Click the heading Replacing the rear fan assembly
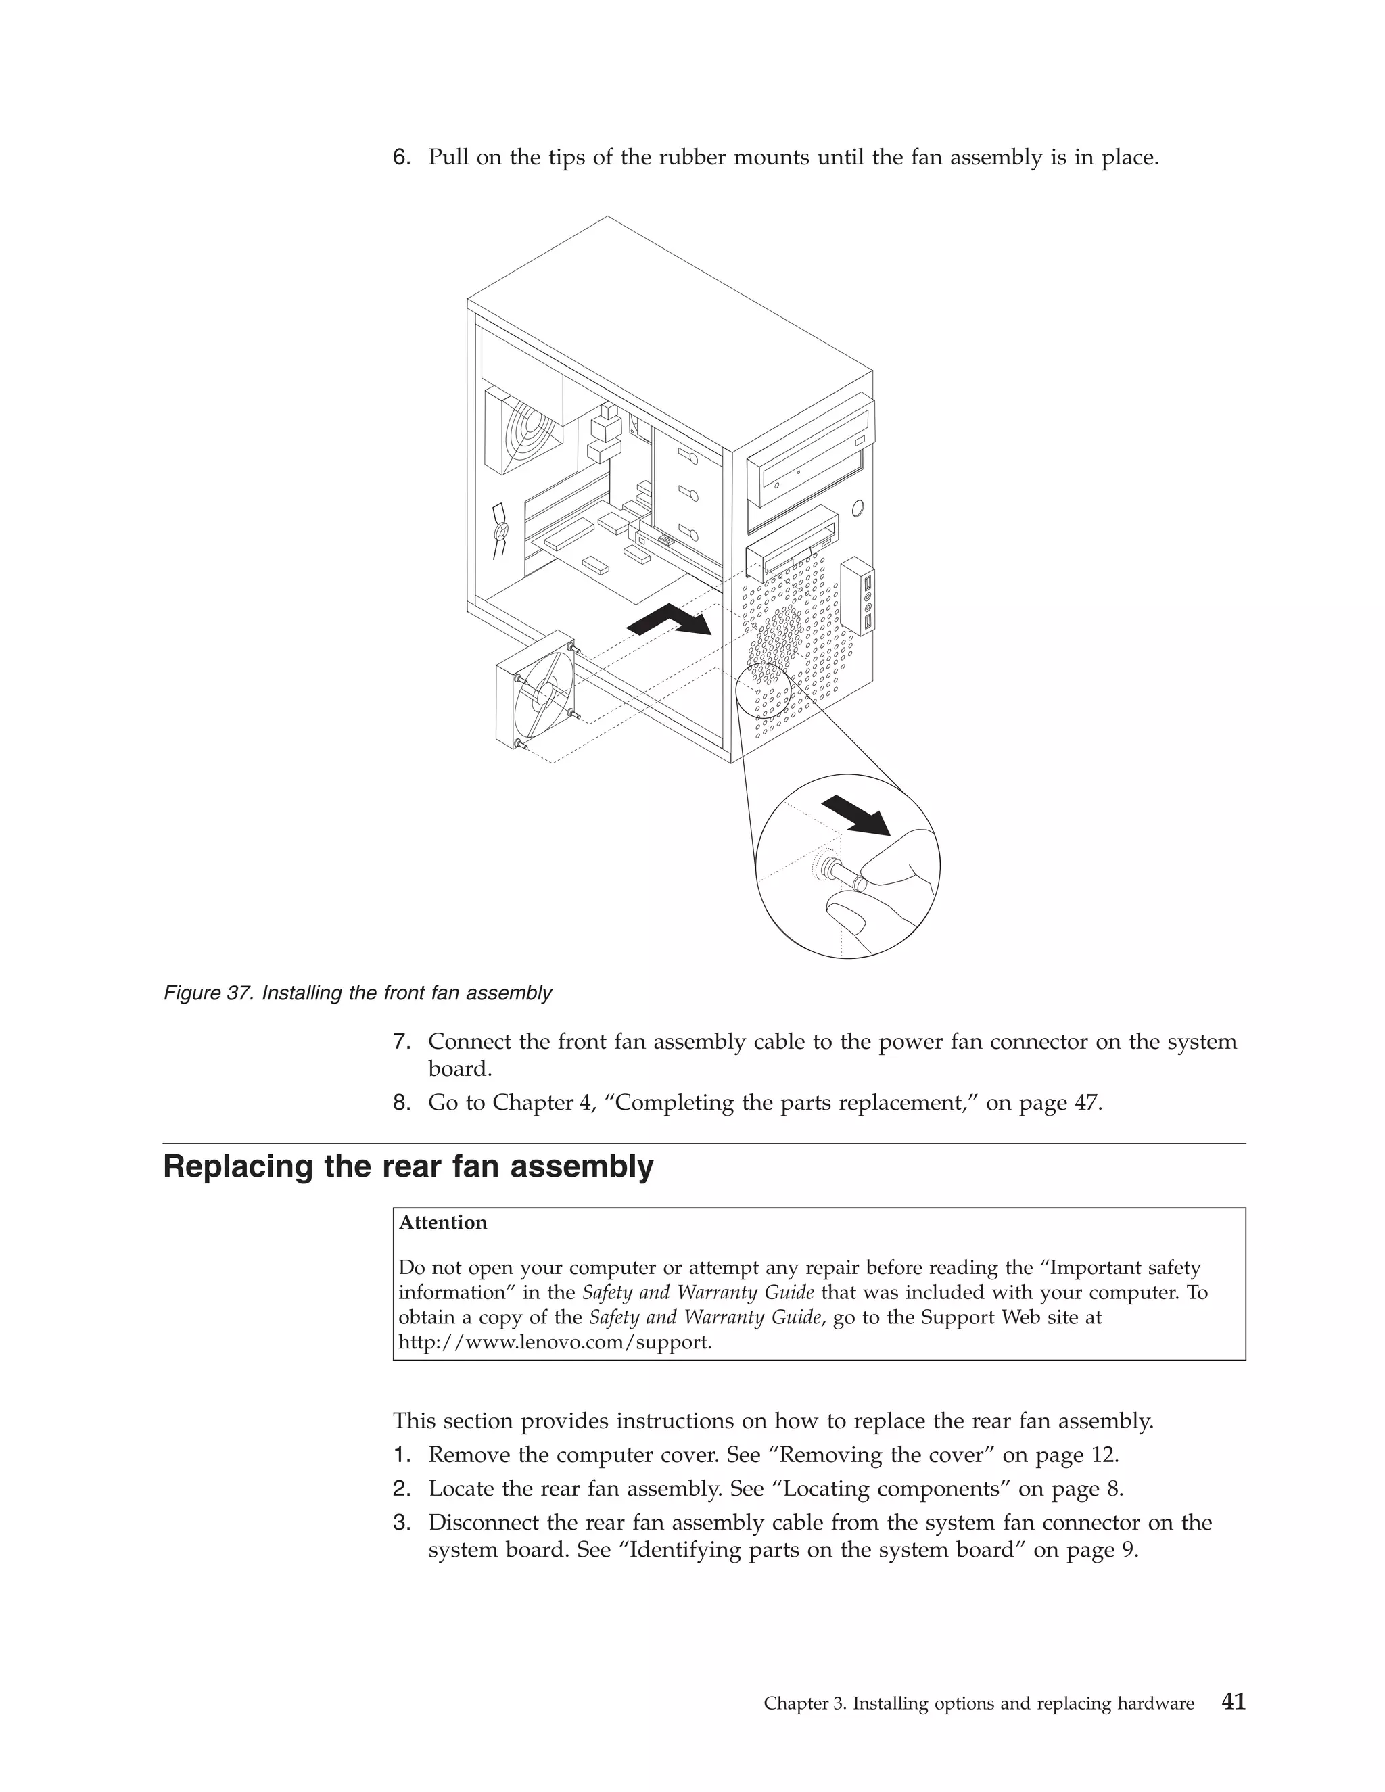408,1166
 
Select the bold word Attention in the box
442,1223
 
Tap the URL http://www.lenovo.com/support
555,1342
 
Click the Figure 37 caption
358,993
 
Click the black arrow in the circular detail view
857,815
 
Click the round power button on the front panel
858,509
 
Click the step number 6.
400,157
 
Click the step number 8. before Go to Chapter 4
400,1103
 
